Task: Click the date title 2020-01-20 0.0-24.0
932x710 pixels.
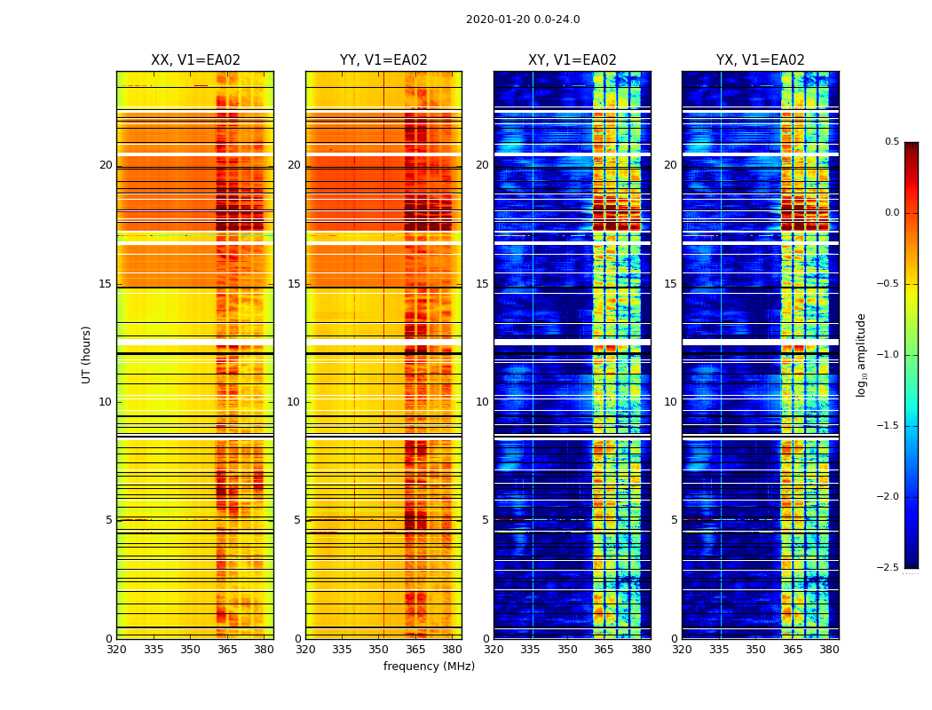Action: (523, 20)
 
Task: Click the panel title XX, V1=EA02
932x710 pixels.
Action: (195, 60)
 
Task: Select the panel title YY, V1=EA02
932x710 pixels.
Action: (383, 60)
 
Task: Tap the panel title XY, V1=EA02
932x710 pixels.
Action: (573, 60)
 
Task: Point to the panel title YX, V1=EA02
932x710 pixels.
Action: (761, 60)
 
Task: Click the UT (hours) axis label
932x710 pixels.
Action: (87, 354)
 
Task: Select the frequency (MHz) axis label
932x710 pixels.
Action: (429, 667)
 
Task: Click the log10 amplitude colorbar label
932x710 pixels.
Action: (861, 354)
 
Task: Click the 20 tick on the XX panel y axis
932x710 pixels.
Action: (106, 165)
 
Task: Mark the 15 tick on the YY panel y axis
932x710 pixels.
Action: (294, 284)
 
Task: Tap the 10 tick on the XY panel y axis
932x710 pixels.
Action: (482, 402)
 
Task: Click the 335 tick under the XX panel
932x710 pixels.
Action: (154, 650)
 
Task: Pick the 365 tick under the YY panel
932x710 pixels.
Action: (415, 650)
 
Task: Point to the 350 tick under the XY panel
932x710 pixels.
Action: (567, 650)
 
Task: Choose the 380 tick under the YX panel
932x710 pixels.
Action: (829, 650)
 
